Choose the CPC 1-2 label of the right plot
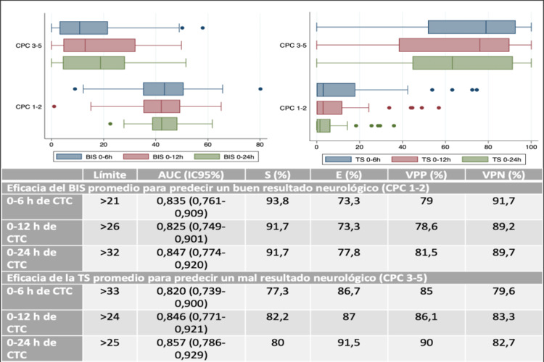tap(293, 107)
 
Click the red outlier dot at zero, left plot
tap(54, 106)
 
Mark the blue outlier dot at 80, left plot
tap(260, 89)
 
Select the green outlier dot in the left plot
tap(110, 124)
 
